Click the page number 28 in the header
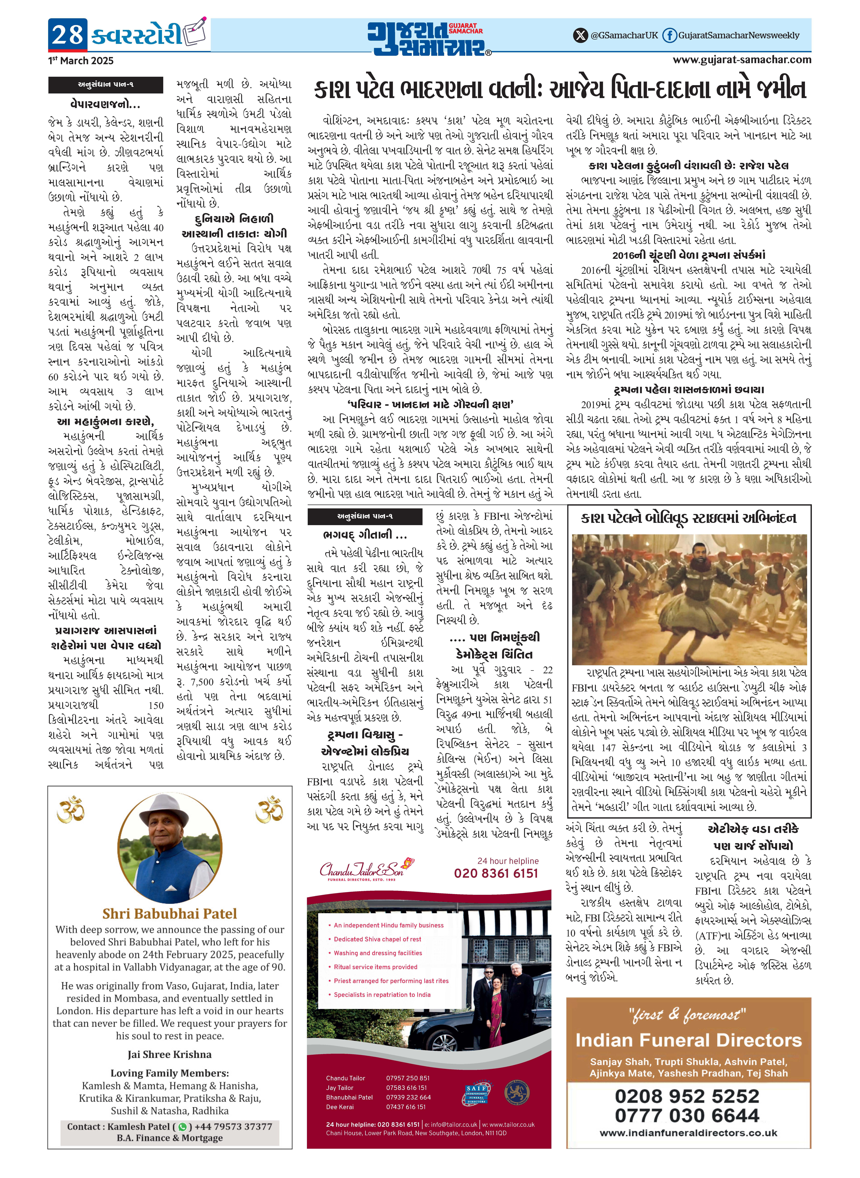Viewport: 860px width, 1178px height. point(68,35)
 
